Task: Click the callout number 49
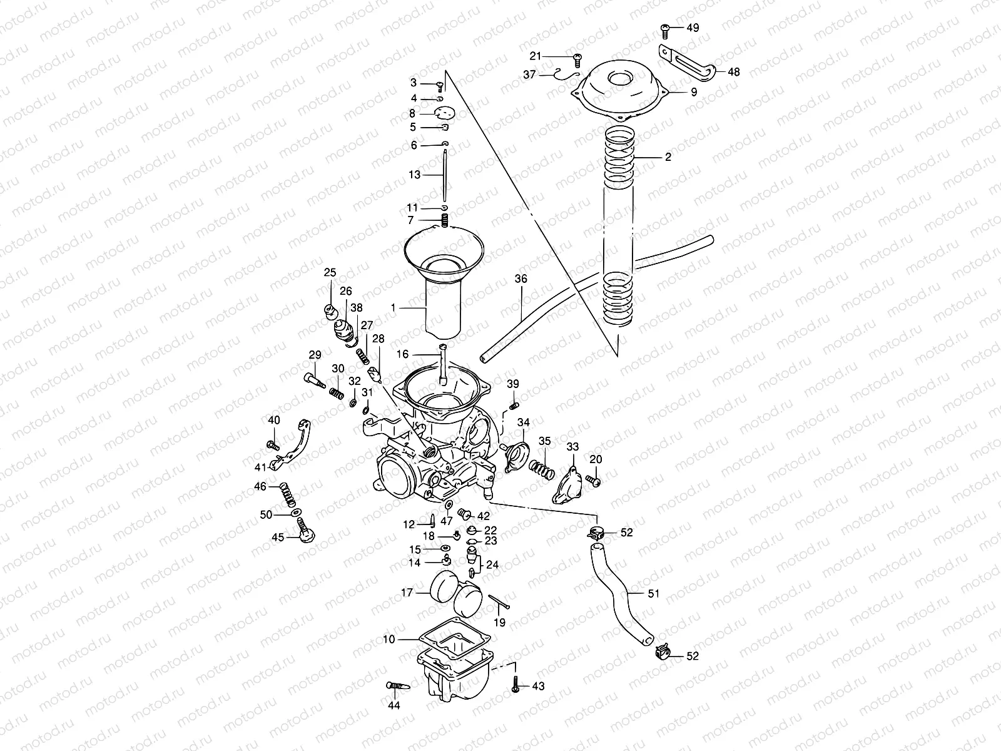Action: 693,28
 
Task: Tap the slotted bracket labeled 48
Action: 686,63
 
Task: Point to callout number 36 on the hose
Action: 521,278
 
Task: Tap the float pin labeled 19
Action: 500,602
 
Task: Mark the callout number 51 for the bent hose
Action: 653,593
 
